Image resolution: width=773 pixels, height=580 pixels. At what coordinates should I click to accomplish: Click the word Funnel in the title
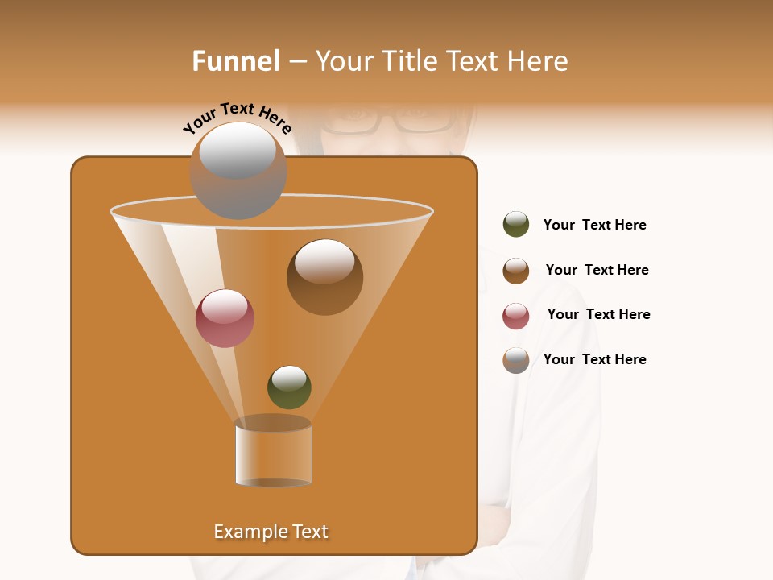coord(235,61)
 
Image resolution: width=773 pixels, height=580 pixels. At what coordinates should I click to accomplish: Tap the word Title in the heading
coord(409,61)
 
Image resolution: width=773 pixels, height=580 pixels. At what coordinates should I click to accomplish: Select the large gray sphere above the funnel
coord(238,170)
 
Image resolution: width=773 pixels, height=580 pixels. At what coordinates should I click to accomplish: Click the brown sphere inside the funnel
coord(324,277)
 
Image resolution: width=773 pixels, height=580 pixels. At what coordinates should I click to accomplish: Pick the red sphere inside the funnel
coord(225,318)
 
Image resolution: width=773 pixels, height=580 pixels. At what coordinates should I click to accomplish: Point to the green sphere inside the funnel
coord(289,387)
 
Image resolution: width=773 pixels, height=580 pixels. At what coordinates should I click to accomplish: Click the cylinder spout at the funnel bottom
coord(273,452)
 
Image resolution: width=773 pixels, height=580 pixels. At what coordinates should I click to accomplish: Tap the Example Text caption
coord(271,532)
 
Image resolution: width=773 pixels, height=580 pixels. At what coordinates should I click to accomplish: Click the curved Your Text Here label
coord(237,118)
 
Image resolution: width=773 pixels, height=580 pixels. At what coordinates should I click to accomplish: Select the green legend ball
coord(516,225)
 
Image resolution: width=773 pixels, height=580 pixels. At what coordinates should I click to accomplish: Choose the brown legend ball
coord(516,271)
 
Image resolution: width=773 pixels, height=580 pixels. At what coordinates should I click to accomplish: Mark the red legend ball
coord(516,316)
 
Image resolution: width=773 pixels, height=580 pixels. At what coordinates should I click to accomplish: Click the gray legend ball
coord(516,360)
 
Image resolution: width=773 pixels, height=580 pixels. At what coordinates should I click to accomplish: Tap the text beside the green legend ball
coord(594,226)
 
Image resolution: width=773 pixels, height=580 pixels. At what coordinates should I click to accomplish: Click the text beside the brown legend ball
coord(597,271)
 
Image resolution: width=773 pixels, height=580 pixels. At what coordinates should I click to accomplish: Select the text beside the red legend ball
coord(598,315)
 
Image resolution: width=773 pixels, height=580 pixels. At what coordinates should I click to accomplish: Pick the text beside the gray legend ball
coord(594,360)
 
